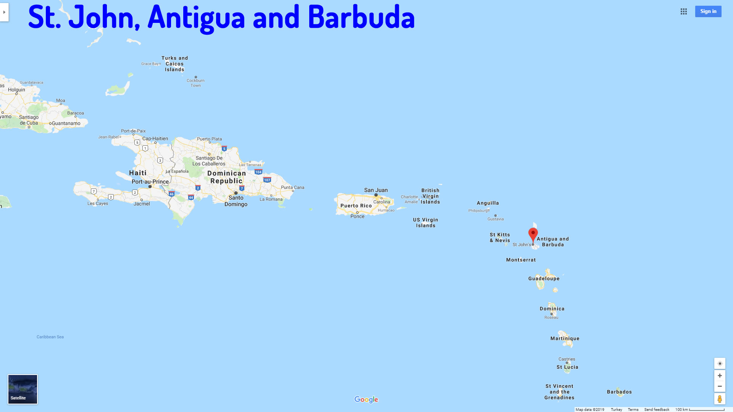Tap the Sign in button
(708, 11)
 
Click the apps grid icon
(684, 11)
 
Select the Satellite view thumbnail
(23, 389)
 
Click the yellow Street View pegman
(720, 399)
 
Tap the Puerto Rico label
(356, 206)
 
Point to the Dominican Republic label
(227, 177)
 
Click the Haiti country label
(138, 173)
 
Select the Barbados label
(619, 392)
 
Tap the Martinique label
(565, 338)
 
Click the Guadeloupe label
(544, 278)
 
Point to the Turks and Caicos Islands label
(174, 64)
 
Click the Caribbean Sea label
(50, 337)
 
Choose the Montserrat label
(521, 260)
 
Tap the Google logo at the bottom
(366, 399)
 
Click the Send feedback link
(657, 409)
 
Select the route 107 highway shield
(267, 180)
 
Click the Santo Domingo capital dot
(236, 193)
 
